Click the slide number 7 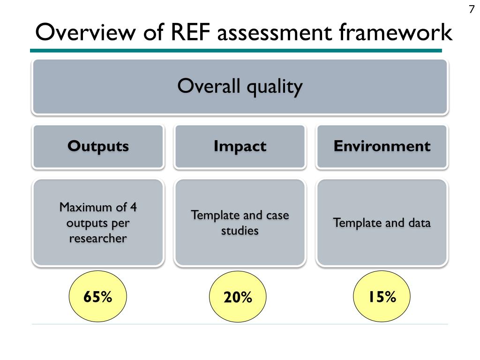472,10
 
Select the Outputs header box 98,146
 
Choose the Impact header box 240,146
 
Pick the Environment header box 382,146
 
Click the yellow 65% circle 98,297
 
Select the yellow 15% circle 382,297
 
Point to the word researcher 98,238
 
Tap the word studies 240,231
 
